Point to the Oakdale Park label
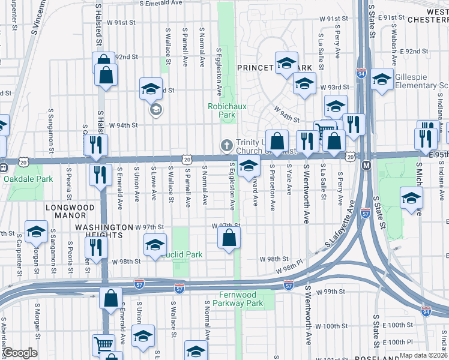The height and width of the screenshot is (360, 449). (28, 179)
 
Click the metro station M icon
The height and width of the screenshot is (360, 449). (365, 164)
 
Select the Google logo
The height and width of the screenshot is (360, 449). (20, 353)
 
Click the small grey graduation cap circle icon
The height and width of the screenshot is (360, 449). (156, 110)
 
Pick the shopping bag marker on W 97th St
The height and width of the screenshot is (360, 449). (229, 238)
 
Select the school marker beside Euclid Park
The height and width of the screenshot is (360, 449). (155, 244)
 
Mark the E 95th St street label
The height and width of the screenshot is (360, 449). (436, 155)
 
